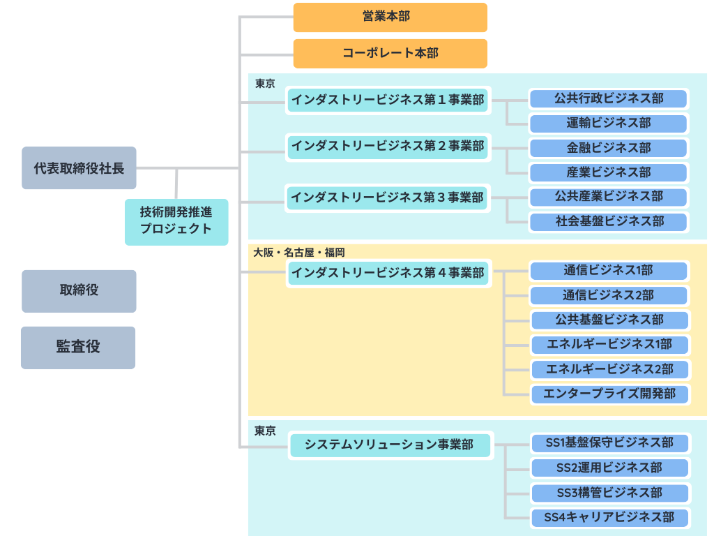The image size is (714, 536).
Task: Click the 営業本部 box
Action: pos(390,17)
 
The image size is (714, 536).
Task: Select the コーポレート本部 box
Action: pos(390,54)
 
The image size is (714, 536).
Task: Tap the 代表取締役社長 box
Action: pos(79,168)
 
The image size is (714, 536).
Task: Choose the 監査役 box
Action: pos(78,348)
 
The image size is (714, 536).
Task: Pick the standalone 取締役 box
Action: pos(79,291)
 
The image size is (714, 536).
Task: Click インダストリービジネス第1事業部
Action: pos(388,100)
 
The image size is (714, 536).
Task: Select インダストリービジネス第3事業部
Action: pos(388,198)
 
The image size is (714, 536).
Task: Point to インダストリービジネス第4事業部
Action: pos(388,274)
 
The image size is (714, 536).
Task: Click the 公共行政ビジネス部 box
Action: pos(609,98)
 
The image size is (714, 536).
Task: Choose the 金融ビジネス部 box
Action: pos(609,148)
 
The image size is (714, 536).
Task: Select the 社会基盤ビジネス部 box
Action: pos(609,222)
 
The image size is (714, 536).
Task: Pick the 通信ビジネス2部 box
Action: pos(609,295)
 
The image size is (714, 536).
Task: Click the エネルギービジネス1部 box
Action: pos(609,345)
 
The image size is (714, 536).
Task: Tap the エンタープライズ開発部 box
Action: pos(609,394)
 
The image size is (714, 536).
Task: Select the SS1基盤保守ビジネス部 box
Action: pos(609,443)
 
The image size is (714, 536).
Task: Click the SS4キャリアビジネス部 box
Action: pos(609,518)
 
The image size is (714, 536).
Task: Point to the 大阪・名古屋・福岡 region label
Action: pos(299,253)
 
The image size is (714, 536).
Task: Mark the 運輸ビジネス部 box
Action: pos(609,124)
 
